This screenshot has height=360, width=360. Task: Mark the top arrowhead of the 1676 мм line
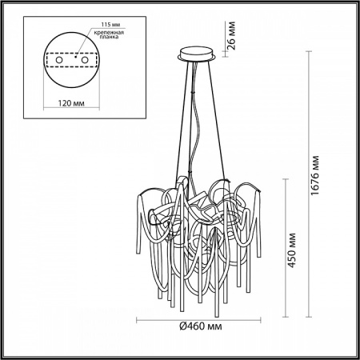click(308, 53)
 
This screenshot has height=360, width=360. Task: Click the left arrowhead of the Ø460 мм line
click(136, 318)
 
